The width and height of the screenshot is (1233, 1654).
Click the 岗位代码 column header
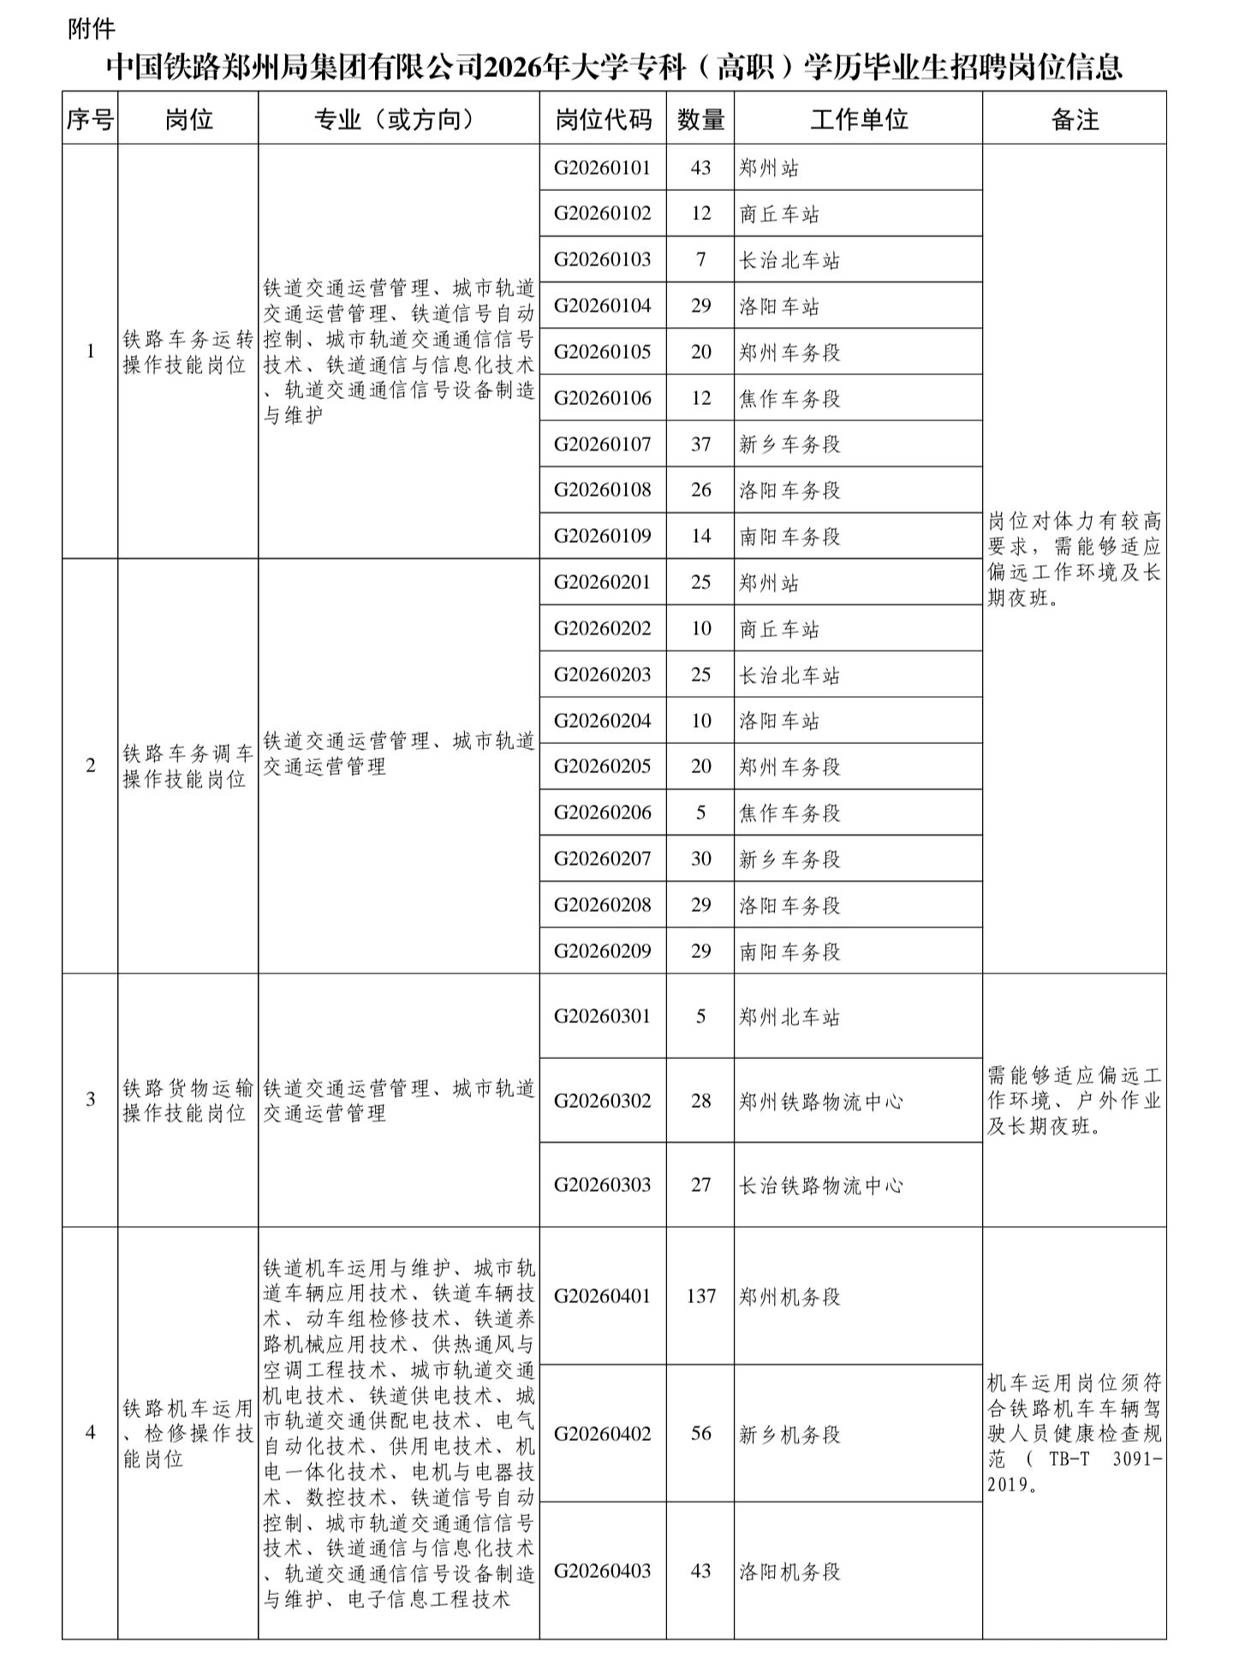(603, 119)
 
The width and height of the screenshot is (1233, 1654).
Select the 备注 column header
(1074, 119)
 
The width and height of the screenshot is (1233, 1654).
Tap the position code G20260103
(602, 259)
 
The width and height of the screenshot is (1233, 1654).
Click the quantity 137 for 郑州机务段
(700, 1296)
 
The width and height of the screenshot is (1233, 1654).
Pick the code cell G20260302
(602, 1100)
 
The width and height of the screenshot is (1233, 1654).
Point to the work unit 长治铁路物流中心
(820, 1185)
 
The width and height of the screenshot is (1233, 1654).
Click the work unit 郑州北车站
(789, 1017)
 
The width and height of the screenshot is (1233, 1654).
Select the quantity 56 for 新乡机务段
(700, 1433)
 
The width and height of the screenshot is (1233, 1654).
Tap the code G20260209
(602, 951)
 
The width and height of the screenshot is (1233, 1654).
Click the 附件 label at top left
(92, 29)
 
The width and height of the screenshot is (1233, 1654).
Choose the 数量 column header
(700, 119)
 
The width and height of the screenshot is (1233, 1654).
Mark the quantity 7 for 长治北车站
(700, 259)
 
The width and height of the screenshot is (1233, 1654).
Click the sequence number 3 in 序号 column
(91, 1099)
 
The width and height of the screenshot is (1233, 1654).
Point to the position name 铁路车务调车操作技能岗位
(188, 766)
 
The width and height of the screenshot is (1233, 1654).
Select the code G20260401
(602, 1296)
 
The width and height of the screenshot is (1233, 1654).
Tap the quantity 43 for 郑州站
(700, 168)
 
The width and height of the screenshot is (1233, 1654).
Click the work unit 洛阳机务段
(789, 1571)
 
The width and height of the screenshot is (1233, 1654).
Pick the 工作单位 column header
(858, 119)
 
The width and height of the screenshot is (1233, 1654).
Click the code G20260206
(602, 812)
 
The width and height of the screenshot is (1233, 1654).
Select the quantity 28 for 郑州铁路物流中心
(700, 1100)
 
